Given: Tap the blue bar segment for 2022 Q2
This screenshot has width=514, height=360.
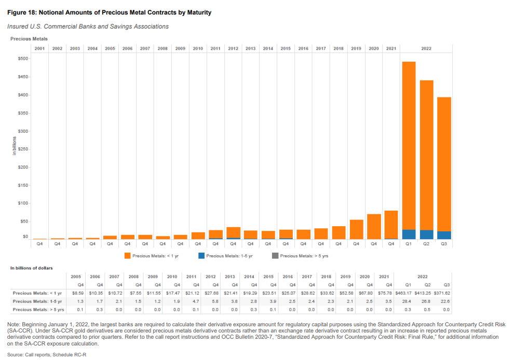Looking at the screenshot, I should point(426,234).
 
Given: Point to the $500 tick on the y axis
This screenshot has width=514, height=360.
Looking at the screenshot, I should point(22,59).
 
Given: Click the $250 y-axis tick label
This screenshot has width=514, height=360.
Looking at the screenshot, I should point(22,149).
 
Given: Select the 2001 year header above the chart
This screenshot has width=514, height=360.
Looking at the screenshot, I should point(40,48).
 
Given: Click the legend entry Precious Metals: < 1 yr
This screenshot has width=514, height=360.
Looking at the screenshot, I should point(148,256).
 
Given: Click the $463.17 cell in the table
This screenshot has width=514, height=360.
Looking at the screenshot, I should point(403,293).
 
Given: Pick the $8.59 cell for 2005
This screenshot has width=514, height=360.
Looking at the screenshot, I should point(77,293).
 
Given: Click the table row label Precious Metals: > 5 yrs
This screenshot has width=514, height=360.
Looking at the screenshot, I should point(38,310).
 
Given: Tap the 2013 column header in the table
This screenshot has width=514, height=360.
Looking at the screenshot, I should point(229,277).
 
